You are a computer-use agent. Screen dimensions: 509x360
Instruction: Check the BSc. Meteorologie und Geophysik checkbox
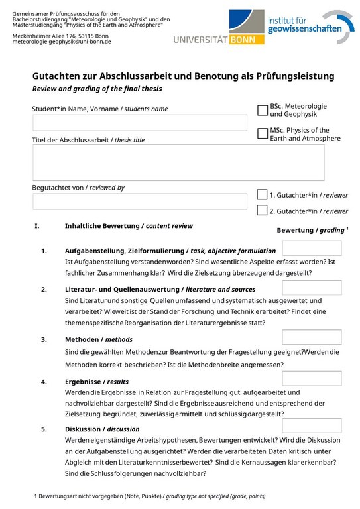point(262,110)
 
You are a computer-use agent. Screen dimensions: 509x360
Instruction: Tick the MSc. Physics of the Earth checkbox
point(262,134)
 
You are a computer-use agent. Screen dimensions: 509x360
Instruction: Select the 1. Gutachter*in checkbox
point(262,195)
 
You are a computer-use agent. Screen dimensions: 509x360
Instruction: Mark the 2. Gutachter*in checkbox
point(262,211)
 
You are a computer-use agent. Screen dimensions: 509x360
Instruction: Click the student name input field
point(139,123)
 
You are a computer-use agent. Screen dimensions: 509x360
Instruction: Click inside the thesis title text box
point(178,162)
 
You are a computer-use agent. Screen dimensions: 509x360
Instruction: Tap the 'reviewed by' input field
point(139,201)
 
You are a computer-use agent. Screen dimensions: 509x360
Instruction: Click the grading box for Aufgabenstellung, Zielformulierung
point(312,249)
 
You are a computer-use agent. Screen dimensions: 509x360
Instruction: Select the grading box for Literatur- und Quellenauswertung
point(312,288)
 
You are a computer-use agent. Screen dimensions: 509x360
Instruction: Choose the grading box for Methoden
point(312,337)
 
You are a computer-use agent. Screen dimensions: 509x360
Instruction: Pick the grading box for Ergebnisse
point(312,378)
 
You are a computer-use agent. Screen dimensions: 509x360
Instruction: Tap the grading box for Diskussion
point(312,425)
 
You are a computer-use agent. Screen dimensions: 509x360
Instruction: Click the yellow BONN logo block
point(245,40)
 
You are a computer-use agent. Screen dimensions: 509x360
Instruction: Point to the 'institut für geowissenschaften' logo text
point(305,25)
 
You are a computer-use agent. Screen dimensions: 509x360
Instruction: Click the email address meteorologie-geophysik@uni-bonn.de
point(62,41)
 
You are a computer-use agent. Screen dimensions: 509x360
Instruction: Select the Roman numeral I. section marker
point(37,226)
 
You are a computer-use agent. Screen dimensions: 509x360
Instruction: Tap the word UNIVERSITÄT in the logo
point(200,40)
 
